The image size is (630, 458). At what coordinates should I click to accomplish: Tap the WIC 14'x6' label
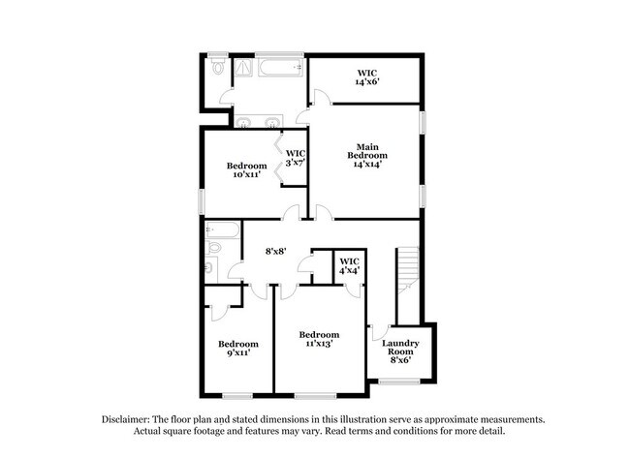click(x=366, y=77)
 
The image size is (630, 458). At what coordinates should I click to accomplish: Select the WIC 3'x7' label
click(x=295, y=158)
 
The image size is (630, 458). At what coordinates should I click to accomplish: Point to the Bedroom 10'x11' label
click(x=246, y=170)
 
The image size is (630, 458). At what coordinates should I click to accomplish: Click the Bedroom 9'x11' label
click(x=237, y=349)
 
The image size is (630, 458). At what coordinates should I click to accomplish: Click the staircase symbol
click(x=408, y=276)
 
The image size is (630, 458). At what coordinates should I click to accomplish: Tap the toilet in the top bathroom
click(x=218, y=68)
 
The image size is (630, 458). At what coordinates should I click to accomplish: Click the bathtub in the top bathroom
click(x=281, y=68)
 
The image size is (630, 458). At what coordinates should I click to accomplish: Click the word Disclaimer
click(x=130, y=419)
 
